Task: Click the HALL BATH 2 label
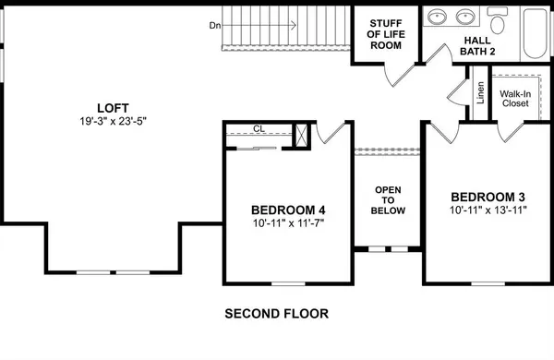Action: coord(478,46)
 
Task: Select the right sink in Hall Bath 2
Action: coord(464,17)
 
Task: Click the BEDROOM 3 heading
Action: coord(488,197)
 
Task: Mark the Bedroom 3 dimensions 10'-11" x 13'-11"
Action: coord(488,210)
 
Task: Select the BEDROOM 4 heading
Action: coord(288,209)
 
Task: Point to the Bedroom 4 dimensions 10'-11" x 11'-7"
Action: coord(288,222)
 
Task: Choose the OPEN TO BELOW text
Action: coord(387,199)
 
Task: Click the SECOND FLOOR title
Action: coord(277,314)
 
